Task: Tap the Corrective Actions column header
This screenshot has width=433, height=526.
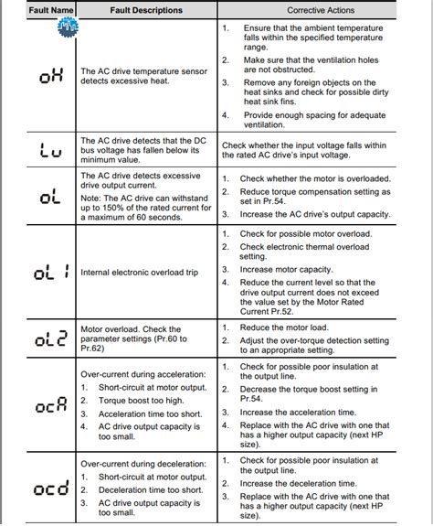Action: click(x=321, y=10)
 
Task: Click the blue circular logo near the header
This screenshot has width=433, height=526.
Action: click(x=68, y=29)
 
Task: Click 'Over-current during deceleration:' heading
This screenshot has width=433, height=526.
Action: click(x=143, y=463)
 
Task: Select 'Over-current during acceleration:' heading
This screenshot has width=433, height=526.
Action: click(x=143, y=374)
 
